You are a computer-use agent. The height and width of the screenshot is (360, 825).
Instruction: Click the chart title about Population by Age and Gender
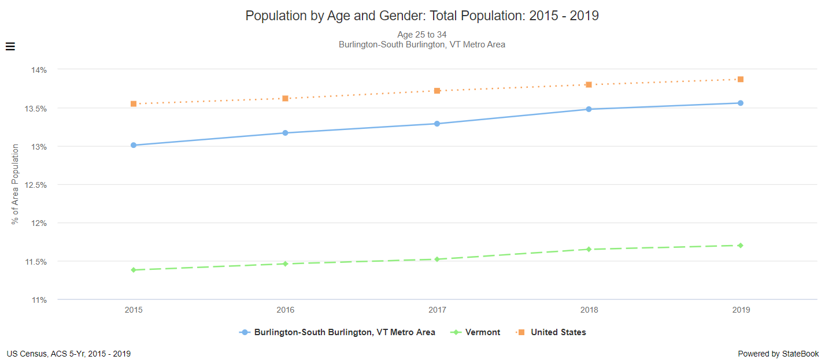[x=421, y=16]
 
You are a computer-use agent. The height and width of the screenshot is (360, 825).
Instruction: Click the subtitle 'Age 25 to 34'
[x=421, y=35]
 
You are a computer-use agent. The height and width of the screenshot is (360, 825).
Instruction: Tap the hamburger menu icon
[x=10, y=47]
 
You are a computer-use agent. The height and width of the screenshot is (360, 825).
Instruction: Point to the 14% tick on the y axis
[x=39, y=70]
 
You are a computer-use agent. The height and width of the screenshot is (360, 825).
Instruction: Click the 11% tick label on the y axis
[x=39, y=300]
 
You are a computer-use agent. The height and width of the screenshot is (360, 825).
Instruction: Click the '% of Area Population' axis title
[x=16, y=184]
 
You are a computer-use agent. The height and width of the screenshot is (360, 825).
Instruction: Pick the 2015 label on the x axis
[x=134, y=310]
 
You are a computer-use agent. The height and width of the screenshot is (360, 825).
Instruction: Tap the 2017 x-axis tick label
[x=437, y=310]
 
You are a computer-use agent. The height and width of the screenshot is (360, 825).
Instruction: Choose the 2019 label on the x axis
[x=741, y=310]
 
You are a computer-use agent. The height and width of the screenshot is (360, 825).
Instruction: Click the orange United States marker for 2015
[x=134, y=104]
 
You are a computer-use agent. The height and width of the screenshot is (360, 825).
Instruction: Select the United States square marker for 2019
[x=741, y=79]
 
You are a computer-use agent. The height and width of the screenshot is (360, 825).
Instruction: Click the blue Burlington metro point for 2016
[x=285, y=133]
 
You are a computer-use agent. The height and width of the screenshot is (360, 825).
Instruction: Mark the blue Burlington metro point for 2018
[x=589, y=109]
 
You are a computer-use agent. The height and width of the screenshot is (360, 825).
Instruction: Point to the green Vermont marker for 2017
[x=437, y=259]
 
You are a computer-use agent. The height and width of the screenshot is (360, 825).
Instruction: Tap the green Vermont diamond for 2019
[x=741, y=246]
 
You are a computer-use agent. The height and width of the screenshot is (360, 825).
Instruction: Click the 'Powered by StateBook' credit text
[x=778, y=354]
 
